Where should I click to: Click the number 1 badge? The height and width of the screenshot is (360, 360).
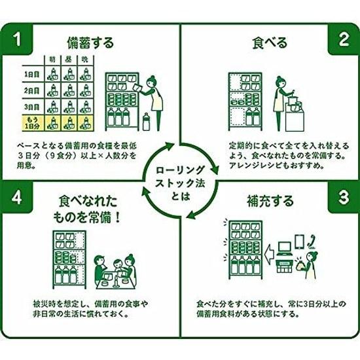click(x=17, y=39)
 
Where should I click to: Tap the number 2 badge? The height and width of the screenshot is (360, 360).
click(x=344, y=39)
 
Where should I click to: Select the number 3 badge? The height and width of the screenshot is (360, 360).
click(x=344, y=198)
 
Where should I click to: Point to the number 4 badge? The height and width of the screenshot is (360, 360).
click(x=17, y=198)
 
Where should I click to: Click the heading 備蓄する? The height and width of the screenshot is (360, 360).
click(x=90, y=43)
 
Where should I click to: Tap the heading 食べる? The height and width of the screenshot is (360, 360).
click(x=270, y=43)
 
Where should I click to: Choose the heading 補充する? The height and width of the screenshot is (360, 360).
click(x=270, y=201)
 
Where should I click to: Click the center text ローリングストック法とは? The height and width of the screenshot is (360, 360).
click(x=180, y=183)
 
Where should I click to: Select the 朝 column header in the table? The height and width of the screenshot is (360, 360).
click(x=52, y=60)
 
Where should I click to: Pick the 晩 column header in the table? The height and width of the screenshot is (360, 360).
click(x=85, y=60)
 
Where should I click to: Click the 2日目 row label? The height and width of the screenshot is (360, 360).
click(x=32, y=90)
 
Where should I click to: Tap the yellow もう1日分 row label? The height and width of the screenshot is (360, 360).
click(x=32, y=122)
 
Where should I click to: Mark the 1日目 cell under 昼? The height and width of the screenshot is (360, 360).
click(x=69, y=74)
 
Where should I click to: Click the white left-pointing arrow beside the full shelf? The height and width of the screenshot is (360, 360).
click(x=270, y=254)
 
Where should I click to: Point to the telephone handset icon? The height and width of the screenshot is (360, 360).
click(x=312, y=242)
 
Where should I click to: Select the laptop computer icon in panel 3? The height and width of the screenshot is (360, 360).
click(x=285, y=249)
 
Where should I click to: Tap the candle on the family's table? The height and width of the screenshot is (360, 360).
click(x=115, y=281)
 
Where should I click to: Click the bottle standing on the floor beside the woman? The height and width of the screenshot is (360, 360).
click(x=146, y=122)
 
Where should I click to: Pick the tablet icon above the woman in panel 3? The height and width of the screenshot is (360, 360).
click(x=299, y=242)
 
